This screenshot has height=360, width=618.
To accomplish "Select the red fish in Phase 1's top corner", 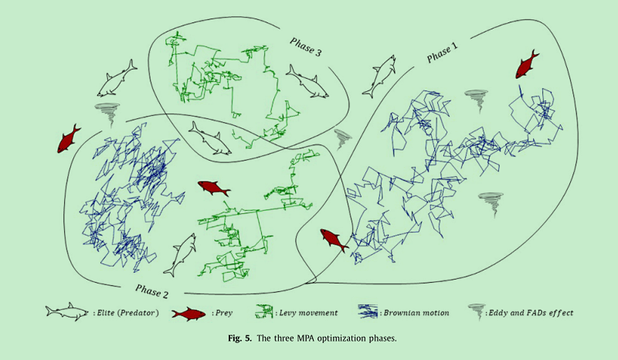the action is click(526, 64).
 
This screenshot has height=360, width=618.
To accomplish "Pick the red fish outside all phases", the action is click(69, 138).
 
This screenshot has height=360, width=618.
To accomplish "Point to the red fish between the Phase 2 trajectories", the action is click(214, 188).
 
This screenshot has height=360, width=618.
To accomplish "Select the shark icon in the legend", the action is click(66, 313).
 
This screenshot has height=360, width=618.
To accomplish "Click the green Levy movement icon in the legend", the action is click(267, 313).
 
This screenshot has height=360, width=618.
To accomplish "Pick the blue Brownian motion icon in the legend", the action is click(368, 313).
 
